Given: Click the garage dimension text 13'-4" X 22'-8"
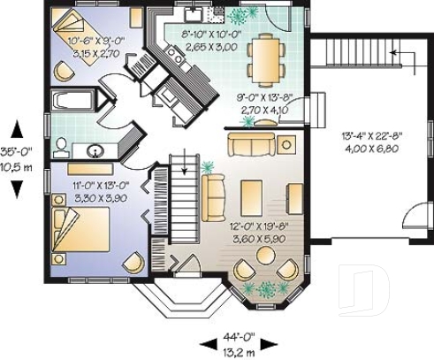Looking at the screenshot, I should coord(372,136).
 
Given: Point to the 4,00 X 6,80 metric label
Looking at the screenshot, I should coord(372,148).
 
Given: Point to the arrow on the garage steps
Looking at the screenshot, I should coord(393,56).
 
